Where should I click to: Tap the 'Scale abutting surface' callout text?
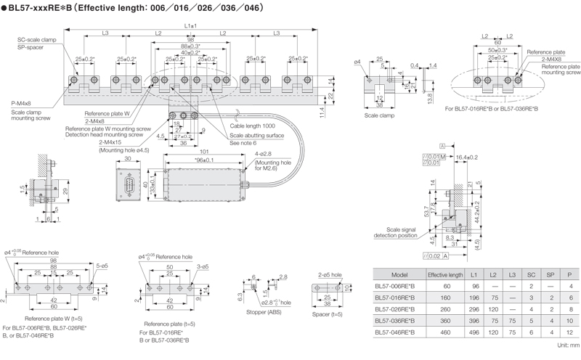[x=258, y=135]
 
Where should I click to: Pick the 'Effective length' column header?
[x=445, y=276]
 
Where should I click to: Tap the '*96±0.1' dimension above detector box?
[x=194, y=160]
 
